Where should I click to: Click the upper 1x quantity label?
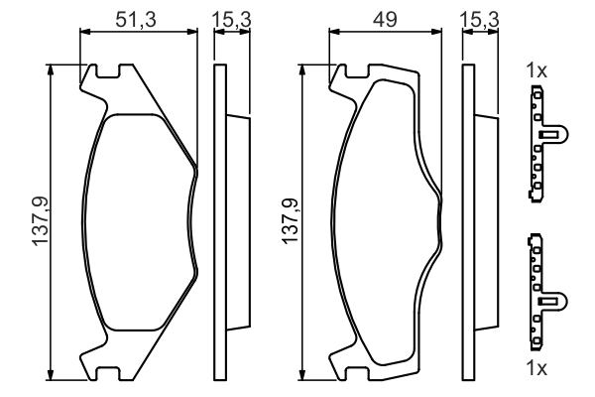tap(536, 70)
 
